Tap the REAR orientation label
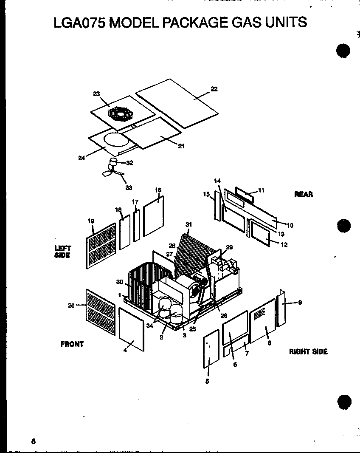(303, 194)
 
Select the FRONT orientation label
(72, 344)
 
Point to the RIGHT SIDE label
(308, 351)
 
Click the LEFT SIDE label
(62, 252)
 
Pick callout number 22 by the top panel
(214, 89)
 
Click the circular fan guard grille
(121, 113)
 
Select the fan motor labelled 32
(114, 162)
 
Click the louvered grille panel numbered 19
(101, 246)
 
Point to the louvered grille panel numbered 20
(101, 312)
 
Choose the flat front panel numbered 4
(131, 330)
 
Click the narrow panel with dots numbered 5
(211, 348)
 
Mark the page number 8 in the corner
(33, 441)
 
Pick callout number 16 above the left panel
(158, 190)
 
